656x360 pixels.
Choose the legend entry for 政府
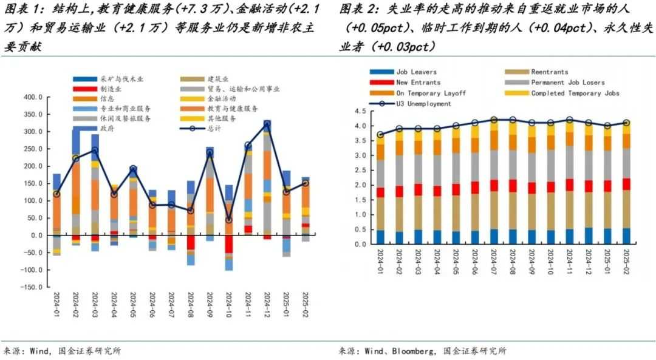tap(106, 129)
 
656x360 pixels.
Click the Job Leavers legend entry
tap(416, 72)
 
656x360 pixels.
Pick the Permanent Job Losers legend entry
tap(565, 83)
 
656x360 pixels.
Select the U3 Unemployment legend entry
tap(423, 104)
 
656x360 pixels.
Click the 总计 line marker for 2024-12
tap(267, 125)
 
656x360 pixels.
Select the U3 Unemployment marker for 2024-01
tap(380, 135)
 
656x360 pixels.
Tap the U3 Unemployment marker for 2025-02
tap(626, 123)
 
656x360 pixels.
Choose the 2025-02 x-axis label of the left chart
tap(305, 303)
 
